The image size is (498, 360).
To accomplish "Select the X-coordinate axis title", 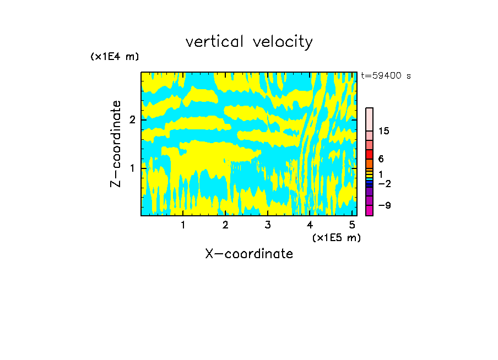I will coord(249,254).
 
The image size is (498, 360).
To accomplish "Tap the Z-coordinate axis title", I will coord(116,144).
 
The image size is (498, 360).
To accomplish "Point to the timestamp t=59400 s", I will coord(386,76).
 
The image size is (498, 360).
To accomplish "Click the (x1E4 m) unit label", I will coord(115,56).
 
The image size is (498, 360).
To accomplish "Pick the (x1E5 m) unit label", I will coord(336,237).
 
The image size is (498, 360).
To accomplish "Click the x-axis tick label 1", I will coord(183,225).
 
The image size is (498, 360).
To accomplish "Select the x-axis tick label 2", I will coord(225,225).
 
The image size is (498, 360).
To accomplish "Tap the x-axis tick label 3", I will coord(268,225).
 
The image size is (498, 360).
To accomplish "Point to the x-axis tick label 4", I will coord(310,225).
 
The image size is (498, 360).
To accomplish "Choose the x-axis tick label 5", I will coord(352,225).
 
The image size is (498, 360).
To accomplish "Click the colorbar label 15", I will coord(384,131).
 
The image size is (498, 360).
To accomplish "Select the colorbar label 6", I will coord(381,159).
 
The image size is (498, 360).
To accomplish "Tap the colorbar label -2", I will coord(384,183).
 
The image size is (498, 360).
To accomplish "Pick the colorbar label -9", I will coord(384,205).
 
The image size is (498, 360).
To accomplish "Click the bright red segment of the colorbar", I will coord(369,154).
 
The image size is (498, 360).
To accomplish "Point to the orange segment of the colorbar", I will coord(369,163).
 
